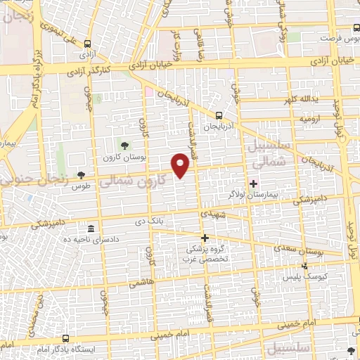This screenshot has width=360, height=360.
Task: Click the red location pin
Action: (181, 165)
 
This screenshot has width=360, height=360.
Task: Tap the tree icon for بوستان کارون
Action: (124, 145)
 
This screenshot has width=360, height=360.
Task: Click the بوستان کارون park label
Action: (124, 157)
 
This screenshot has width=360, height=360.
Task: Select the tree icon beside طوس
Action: (82, 174)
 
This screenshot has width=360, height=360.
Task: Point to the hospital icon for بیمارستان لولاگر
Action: (254, 183)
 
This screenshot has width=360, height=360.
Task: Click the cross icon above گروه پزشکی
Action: (205, 238)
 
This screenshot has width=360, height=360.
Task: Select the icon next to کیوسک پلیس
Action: (304, 266)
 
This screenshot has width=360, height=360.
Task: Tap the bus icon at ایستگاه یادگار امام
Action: (65, 338)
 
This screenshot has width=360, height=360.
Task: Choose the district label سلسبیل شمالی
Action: (266, 153)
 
